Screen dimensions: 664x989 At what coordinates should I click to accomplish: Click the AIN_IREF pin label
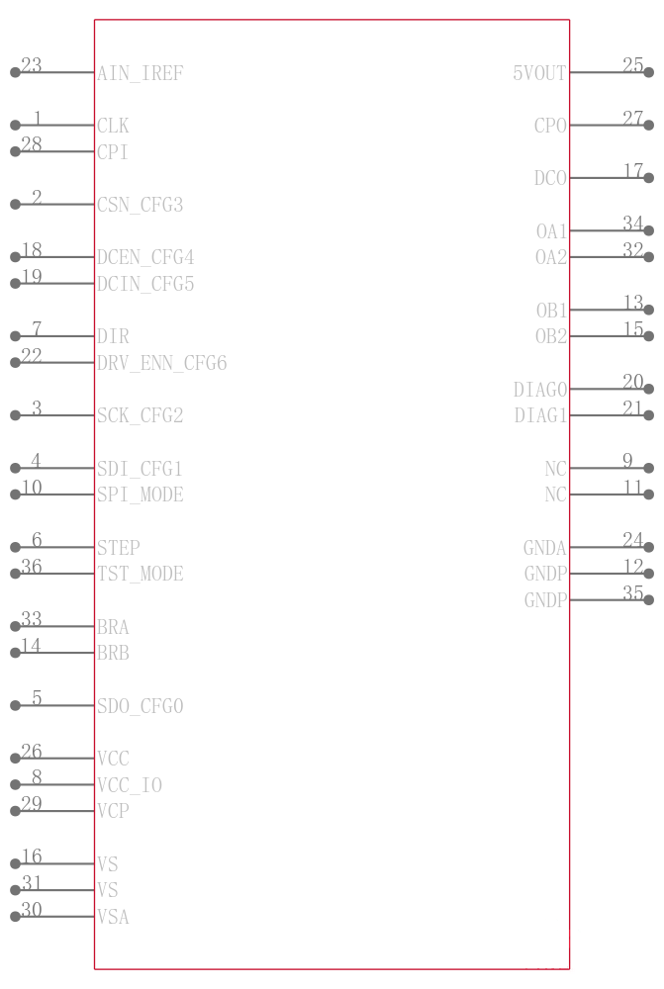(x=141, y=74)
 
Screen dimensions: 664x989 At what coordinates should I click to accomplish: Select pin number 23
(x=32, y=64)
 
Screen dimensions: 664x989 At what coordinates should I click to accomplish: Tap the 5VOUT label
(x=539, y=73)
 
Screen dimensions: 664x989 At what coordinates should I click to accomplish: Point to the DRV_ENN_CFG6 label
(x=161, y=363)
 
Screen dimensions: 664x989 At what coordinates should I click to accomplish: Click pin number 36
(x=32, y=566)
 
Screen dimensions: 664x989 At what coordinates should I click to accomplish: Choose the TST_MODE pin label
(x=141, y=574)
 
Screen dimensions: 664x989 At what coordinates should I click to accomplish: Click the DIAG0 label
(x=539, y=390)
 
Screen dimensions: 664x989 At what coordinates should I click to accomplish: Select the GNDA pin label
(x=544, y=548)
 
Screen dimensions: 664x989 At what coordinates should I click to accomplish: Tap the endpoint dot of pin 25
(x=649, y=72)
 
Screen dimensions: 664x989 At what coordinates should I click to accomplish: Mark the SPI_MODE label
(x=141, y=494)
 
